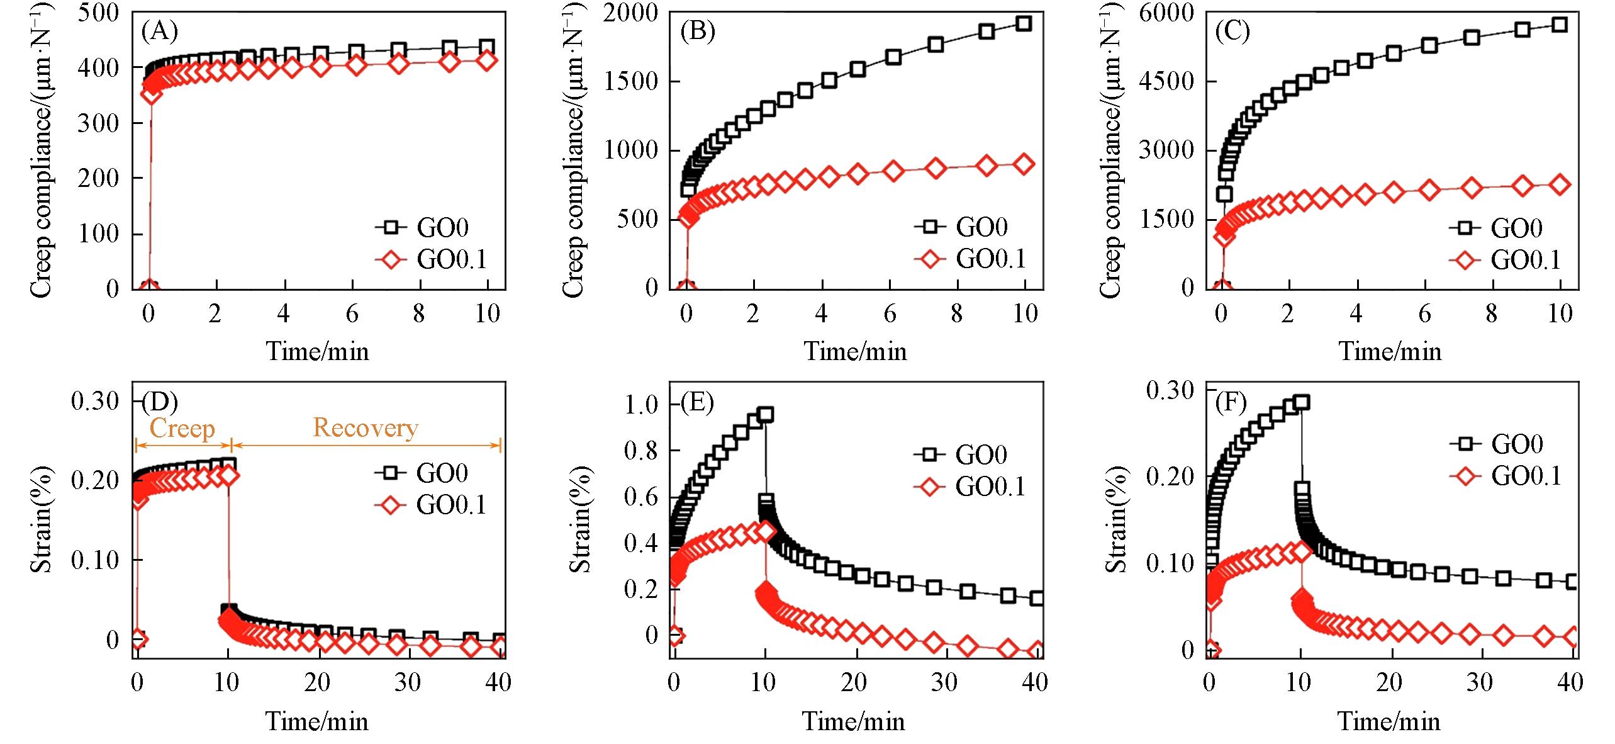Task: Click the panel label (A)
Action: point(159,31)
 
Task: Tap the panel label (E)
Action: point(697,402)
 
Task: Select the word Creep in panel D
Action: point(182,429)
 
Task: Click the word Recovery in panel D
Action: point(366,428)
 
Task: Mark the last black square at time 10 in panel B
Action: point(1024,24)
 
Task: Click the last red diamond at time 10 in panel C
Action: point(1560,185)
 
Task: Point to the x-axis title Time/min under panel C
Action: point(1390,351)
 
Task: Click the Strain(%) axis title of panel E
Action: point(580,520)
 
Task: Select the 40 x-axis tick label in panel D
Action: point(498,682)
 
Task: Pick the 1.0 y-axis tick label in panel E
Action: point(642,404)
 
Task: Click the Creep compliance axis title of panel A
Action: point(42,151)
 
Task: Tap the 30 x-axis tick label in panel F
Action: point(1479,682)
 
